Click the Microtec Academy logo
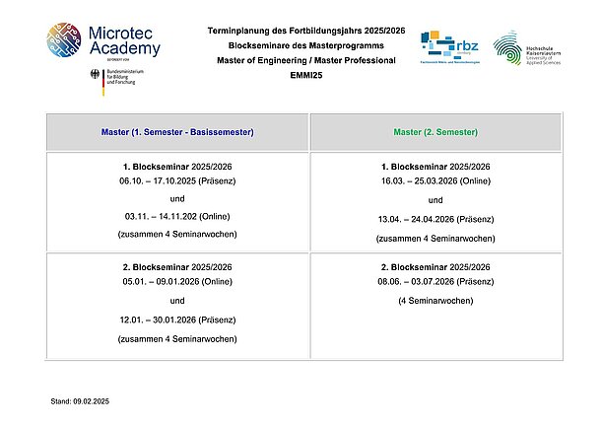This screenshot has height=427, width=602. [104, 39]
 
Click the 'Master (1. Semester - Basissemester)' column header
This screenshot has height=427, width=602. [178, 132]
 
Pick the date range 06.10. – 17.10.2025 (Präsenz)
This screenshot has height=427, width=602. [177, 182]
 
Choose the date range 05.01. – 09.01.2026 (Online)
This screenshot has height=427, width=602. [177, 281]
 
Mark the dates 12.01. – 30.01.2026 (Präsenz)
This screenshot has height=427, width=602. [177, 320]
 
